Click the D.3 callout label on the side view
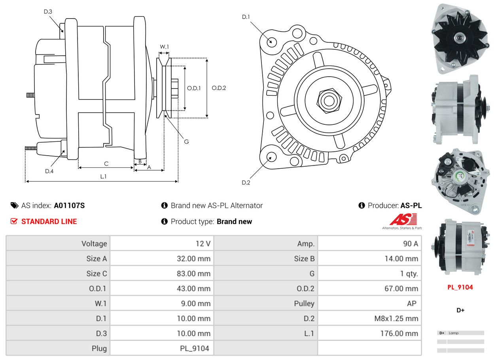click(x=48, y=11)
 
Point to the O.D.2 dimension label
click(x=219, y=88)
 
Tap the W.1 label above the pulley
click(x=164, y=47)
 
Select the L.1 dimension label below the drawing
click(x=103, y=177)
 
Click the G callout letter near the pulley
click(x=186, y=141)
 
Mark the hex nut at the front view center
click(x=328, y=100)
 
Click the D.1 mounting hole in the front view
click(x=271, y=41)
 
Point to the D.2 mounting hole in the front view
click(x=271, y=157)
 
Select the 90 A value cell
click(x=410, y=244)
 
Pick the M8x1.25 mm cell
click(x=396, y=318)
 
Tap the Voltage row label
click(x=94, y=244)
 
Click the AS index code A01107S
click(x=69, y=205)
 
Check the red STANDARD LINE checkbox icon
click(x=14, y=221)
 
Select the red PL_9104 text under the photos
click(x=460, y=287)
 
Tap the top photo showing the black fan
click(x=460, y=39)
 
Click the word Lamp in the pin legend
click(x=454, y=333)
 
